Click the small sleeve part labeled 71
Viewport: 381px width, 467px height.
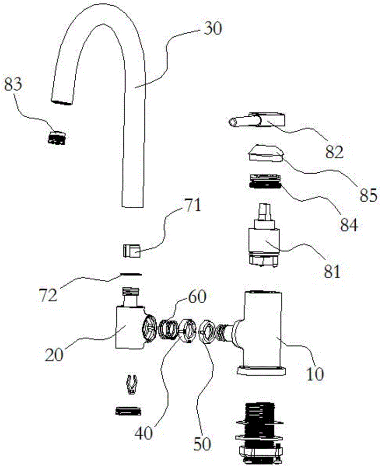[x=132, y=251]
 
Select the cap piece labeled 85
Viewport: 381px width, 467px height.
[x=265, y=153]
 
